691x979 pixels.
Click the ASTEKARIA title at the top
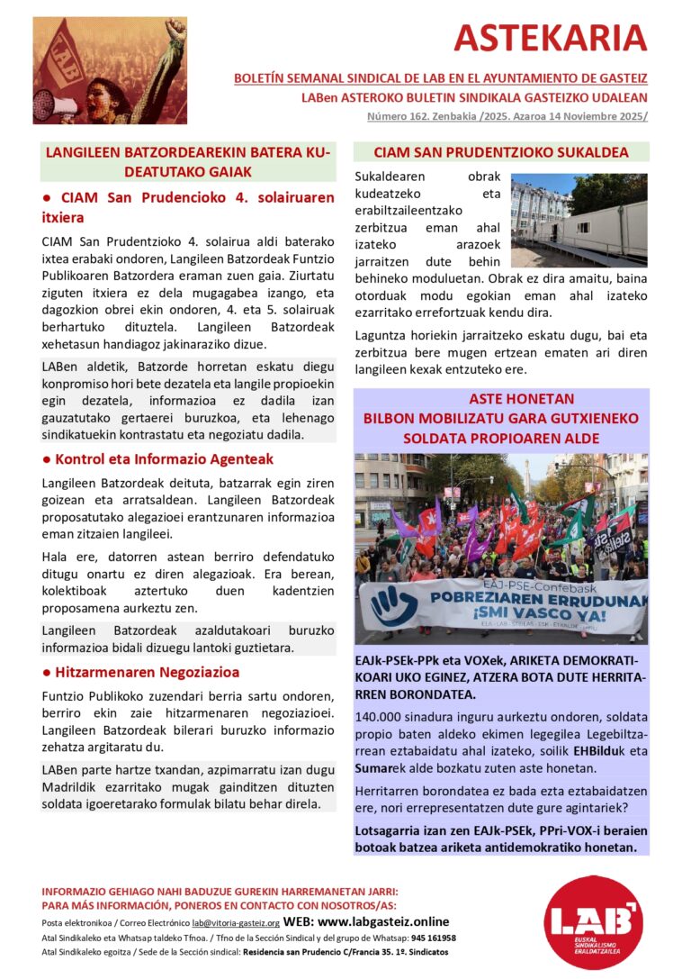[x=550, y=38]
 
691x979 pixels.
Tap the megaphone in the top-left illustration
[x=52, y=105]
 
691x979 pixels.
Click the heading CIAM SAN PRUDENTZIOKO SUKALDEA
[x=501, y=152]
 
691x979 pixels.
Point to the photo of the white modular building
[x=579, y=219]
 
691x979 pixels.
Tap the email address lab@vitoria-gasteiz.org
[x=236, y=923]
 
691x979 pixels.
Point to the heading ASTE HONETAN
[x=501, y=398]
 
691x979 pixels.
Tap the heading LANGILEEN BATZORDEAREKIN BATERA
[x=187, y=153]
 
